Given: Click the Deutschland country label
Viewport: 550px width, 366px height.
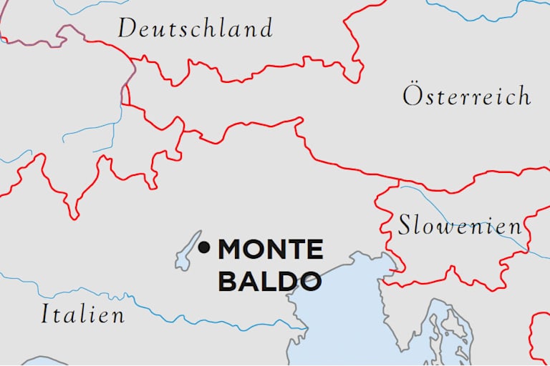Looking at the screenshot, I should tap(195, 29).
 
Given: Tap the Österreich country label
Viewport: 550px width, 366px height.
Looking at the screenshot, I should tap(466, 96).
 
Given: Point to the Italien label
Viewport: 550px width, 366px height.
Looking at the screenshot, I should tap(82, 315).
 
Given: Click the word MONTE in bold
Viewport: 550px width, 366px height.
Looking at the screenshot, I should tap(271, 249).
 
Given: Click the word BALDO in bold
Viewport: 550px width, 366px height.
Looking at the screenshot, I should tap(269, 281).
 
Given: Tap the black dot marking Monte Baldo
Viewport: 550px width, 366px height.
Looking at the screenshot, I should tap(204, 248).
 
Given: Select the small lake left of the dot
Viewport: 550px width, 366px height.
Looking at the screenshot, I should tap(188, 252).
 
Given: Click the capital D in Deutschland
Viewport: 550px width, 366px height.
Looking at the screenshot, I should tap(127, 29).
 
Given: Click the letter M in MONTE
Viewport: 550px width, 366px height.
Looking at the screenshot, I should tap(232, 249).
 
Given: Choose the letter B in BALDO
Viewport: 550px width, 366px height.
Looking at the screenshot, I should tap(227, 281).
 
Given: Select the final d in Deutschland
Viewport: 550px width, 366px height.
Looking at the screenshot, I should tap(266, 29).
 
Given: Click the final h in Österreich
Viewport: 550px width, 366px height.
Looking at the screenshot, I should tap(523, 95).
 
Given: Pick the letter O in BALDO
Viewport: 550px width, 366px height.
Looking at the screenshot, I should tap(309, 281).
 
